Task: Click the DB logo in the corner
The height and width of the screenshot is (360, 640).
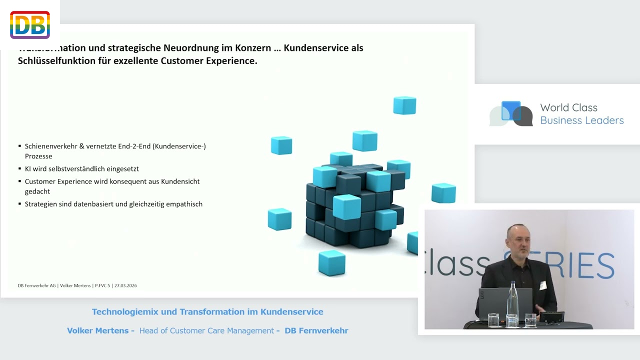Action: (30, 25)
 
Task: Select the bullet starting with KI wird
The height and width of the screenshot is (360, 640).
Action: (81, 169)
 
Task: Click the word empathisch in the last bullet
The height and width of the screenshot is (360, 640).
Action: (185, 204)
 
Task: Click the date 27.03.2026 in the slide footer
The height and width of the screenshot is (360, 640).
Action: (125, 285)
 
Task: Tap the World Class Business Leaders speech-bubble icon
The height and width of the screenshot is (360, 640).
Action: (511, 113)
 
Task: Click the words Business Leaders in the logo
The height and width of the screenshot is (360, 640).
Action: (582, 120)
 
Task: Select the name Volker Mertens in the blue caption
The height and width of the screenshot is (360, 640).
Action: (97, 330)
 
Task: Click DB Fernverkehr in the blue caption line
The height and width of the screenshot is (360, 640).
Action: (316, 330)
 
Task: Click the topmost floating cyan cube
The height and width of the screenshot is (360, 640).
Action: (404, 105)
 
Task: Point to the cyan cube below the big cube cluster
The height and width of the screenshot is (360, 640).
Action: (331, 263)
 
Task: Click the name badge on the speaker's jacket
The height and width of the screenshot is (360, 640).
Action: (543, 285)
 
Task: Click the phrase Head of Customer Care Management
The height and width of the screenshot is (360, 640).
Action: (206, 330)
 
